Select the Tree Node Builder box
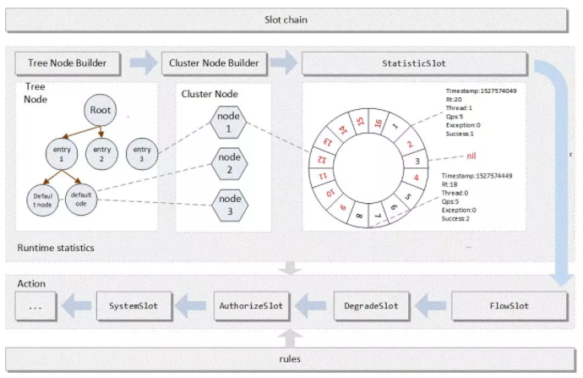pos(68,63)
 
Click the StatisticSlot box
pos(414,63)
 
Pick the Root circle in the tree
pos(101,111)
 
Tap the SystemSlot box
pos(133,304)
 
